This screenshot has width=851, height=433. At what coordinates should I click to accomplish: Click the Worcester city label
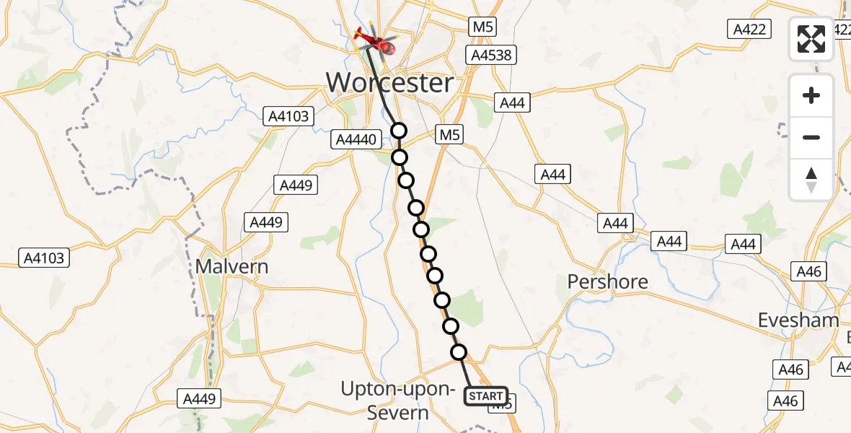click(x=390, y=83)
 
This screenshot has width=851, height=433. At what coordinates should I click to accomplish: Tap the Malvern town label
click(x=232, y=267)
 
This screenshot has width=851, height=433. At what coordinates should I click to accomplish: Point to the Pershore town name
click(x=607, y=281)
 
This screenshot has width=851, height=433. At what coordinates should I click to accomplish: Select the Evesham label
click(x=798, y=320)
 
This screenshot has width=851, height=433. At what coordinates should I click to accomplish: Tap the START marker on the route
click(x=486, y=396)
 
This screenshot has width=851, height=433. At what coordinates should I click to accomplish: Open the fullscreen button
click(x=811, y=39)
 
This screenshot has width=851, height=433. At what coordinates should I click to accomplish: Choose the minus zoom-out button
click(x=811, y=137)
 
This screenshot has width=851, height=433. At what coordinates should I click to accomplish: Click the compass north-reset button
click(x=811, y=180)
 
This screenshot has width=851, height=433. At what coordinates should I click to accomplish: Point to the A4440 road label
click(x=357, y=140)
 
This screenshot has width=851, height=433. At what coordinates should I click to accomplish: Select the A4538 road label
click(x=492, y=56)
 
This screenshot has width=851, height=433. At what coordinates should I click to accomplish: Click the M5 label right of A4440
click(x=449, y=135)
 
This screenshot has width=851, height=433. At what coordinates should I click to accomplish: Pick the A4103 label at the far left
click(x=45, y=258)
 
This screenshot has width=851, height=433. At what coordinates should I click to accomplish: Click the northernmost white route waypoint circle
click(x=399, y=131)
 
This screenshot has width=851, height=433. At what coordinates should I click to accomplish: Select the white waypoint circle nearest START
click(x=459, y=352)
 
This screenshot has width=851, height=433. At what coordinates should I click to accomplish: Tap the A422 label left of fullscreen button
click(x=750, y=29)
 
